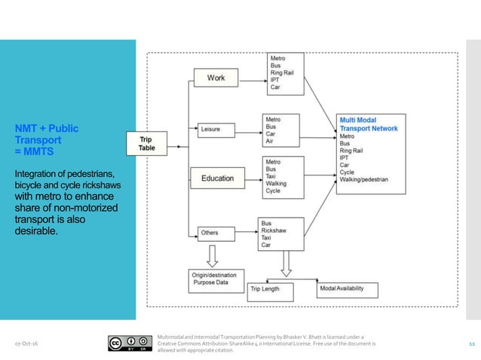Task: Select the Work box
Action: click(216, 77)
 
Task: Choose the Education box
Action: click(216, 178)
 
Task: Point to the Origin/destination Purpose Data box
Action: click(213, 279)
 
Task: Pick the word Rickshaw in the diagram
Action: click(275, 230)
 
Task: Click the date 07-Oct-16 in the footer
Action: click(28, 344)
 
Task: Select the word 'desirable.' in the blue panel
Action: click(35, 230)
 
